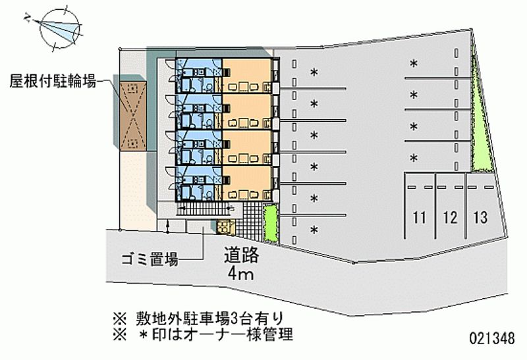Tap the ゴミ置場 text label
coord(150,259)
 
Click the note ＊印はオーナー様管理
coord(211,336)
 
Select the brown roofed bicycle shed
coord(132,112)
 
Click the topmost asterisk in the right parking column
coord(414,64)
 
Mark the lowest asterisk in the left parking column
coord(314,230)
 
